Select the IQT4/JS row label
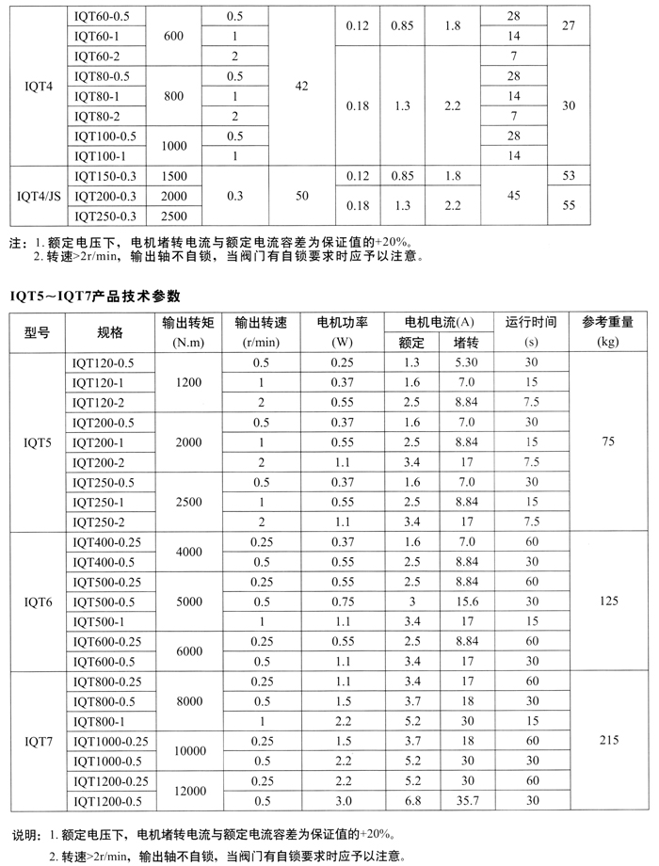coord(37,197)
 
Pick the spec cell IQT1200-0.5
coord(106,801)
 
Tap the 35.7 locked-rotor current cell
coord(466,801)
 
